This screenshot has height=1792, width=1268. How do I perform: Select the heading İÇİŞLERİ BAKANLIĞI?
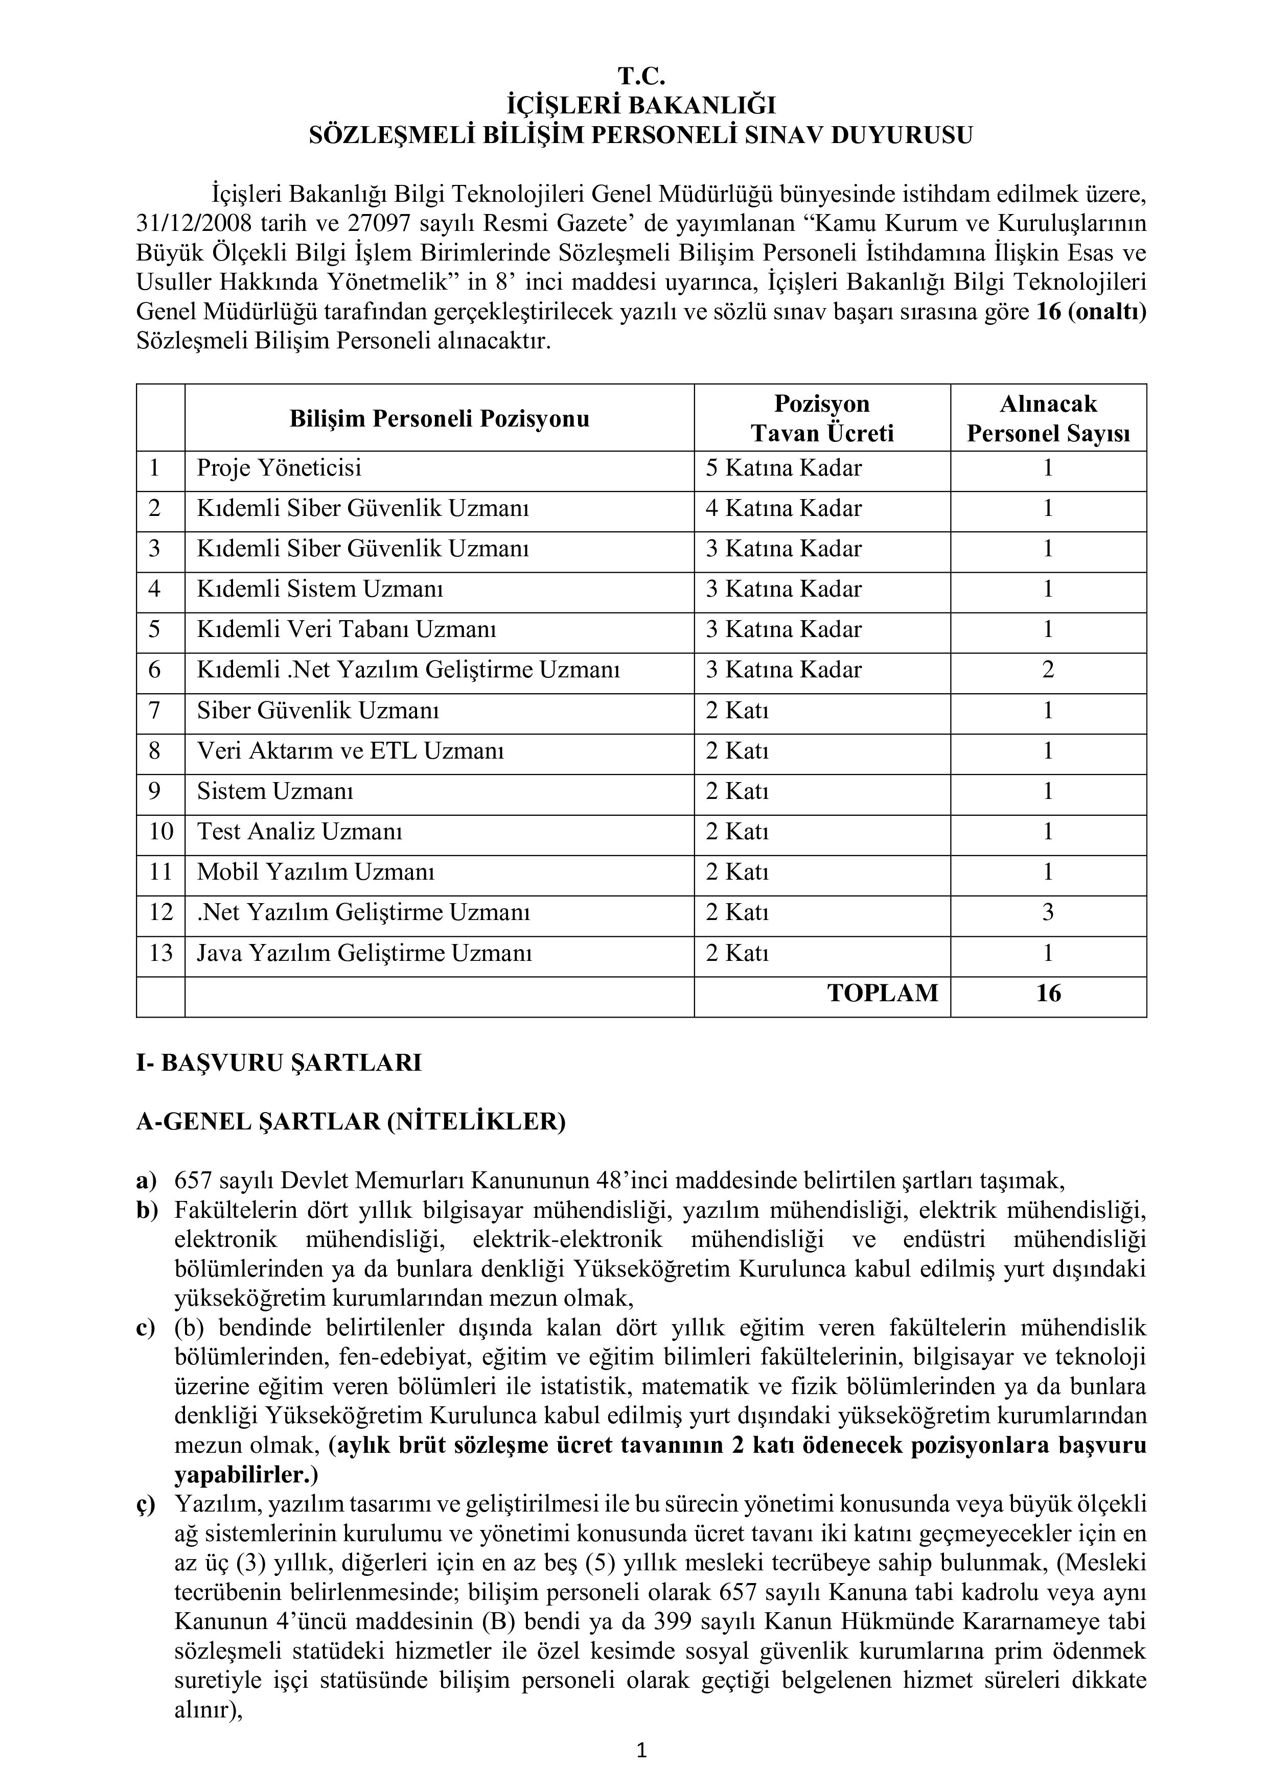[x=641, y=105]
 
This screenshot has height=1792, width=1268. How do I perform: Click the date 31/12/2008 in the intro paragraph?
[x=193, y=223]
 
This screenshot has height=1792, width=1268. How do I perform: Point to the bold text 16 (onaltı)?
[x=1092, y=312]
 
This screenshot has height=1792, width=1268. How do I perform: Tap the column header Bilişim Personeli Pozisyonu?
[x=439, y=419]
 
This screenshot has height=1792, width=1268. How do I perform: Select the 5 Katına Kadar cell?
[x=783, y=468]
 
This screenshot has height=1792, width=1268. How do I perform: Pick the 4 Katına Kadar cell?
[x=783, y=509]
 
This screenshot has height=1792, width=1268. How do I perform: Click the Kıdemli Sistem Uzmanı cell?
[x=319, y=590]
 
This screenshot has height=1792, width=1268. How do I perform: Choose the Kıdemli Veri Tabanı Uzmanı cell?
[x=346, y=630]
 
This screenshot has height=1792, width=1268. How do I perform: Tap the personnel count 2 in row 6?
[x=1048, y=670]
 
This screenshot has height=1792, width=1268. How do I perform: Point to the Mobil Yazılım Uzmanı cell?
[x=315, y=873]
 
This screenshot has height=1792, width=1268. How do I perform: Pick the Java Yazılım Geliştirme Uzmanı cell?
[x=364, y=954]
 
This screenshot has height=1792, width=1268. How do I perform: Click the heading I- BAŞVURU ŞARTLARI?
[x=279, y=1063]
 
